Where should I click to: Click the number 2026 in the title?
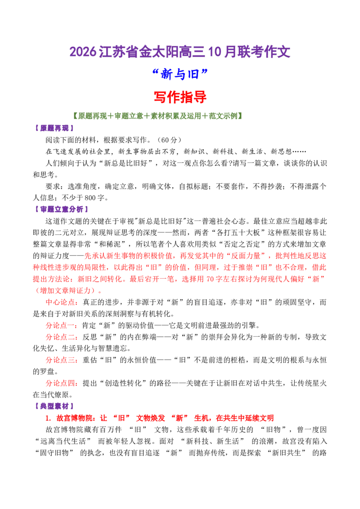tap(83, 52)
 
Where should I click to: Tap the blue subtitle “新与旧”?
tap(180, 74)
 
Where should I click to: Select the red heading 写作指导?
tap(180, 97)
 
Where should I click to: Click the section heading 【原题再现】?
tap(54, 128)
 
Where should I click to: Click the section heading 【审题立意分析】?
tap(61, 210)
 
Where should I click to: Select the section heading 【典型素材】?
tap(54, 406)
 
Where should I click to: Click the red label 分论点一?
tap(60, 325)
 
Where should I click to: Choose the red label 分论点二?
tap(60, 337)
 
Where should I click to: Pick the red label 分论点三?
tap(60, 360)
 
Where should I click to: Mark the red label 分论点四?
tap(60, 383)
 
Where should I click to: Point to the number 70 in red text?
tap(210, 279)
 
